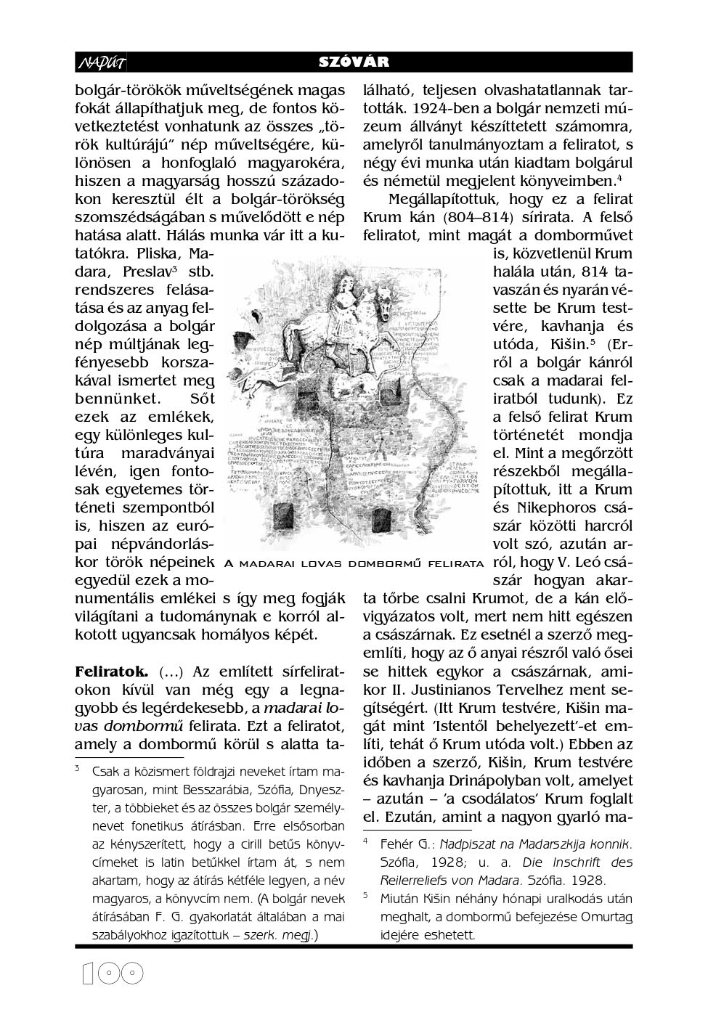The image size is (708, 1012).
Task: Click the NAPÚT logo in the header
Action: click(102, 63)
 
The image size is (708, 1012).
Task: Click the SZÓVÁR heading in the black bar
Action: click(354, 62)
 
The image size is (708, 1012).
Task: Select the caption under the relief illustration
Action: click(354, 563)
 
